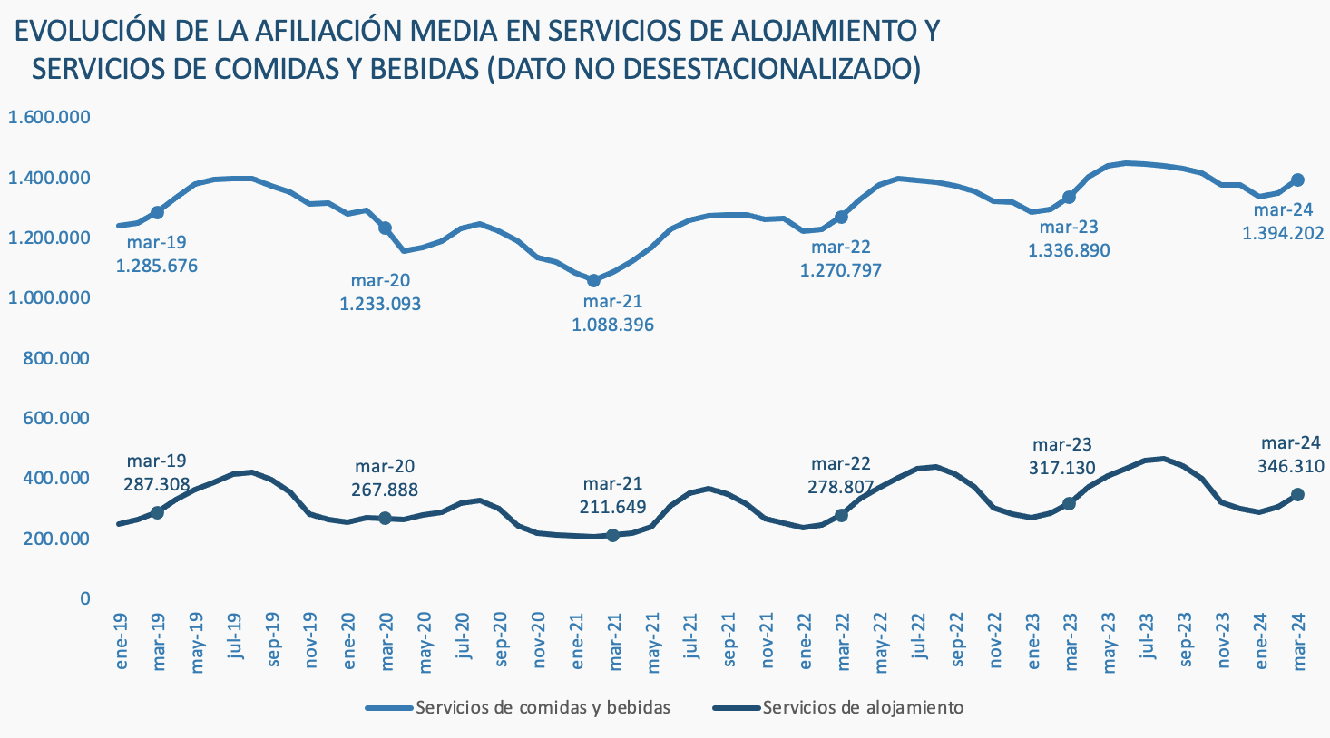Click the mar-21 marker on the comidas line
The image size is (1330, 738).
click(x=594, y=280)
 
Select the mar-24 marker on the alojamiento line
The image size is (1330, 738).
click(x=1297, y=494)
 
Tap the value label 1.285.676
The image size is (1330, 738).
click(x=157, y=267)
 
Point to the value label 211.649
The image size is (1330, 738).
click(x=612, y=506)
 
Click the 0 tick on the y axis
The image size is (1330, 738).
click(x=85, y=598)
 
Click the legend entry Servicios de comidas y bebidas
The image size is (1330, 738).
click(x=543, y=707)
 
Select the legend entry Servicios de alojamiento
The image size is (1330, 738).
click(x=863, y=707)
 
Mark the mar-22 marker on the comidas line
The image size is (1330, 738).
click(x=841, y=217)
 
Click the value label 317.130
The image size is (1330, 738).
click(x=1061, y=468)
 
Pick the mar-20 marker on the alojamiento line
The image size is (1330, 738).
click(x=385, y=518)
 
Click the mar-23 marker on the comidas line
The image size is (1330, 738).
click(x=1069, y=197)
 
